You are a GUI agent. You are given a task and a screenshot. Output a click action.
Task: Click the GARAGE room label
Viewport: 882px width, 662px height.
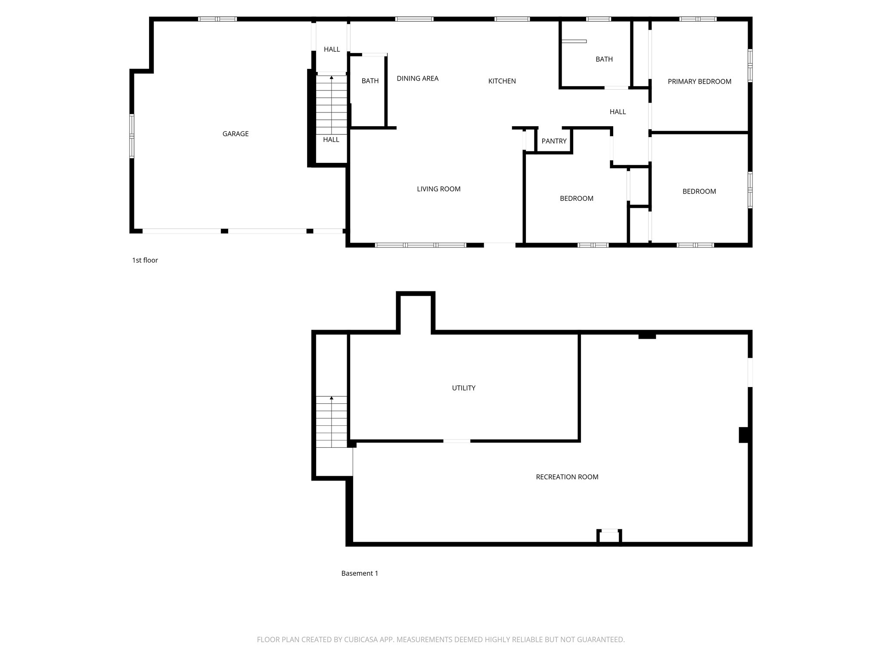tap(235, 134)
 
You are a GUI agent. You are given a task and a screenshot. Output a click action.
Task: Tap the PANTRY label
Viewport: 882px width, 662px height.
tap(554, 141)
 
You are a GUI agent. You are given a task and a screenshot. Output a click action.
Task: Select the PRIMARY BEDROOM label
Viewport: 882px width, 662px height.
tap(699, 81)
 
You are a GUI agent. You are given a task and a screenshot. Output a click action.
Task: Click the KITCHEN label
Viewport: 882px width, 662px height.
tap(502, 81)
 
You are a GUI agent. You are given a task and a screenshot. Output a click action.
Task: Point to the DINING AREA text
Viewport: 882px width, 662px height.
tap(417, 78)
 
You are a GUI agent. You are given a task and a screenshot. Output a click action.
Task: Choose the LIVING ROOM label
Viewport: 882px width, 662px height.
tap(438, 189)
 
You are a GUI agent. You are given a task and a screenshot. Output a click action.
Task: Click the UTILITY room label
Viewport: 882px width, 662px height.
tap(463, 388)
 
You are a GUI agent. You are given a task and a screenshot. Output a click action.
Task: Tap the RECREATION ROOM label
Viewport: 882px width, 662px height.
tap(567, 477)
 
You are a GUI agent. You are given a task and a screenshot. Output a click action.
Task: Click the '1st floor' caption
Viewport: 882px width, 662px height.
tap(145, 260)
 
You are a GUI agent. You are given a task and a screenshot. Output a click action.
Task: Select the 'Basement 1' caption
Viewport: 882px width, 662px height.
tap(359, 573)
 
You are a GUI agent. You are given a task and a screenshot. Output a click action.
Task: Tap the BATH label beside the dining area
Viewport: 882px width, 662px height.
tap(370, 81)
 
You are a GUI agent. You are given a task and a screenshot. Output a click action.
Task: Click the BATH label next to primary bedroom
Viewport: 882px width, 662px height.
tap(604, 59)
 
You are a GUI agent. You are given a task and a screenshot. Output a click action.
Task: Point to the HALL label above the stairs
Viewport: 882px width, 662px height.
tap(332, 50)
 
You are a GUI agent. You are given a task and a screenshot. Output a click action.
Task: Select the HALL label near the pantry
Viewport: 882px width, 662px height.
tap(617, 112)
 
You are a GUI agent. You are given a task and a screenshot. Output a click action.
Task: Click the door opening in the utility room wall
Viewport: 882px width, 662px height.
tap(457, 441)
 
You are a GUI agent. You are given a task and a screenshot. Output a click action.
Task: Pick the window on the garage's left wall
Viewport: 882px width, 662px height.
tap(132, 136)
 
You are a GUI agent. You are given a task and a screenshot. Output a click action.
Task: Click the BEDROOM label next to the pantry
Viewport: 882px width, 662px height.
tap(576, 199)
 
